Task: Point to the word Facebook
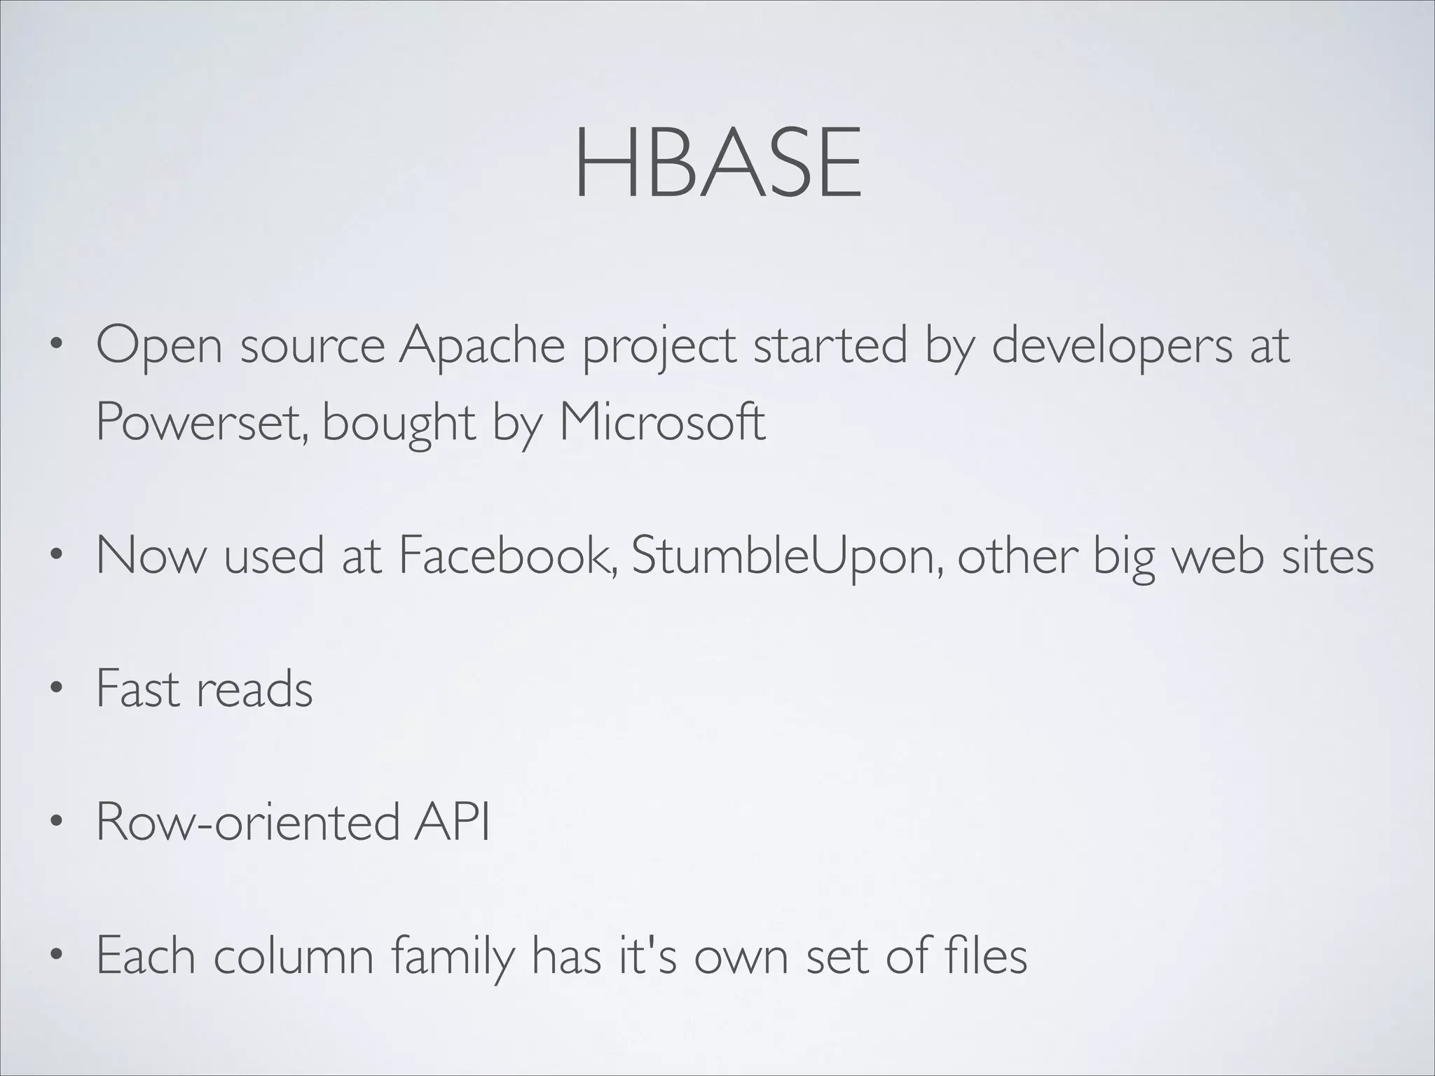tap(508, 555)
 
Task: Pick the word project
tap(659, 347)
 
